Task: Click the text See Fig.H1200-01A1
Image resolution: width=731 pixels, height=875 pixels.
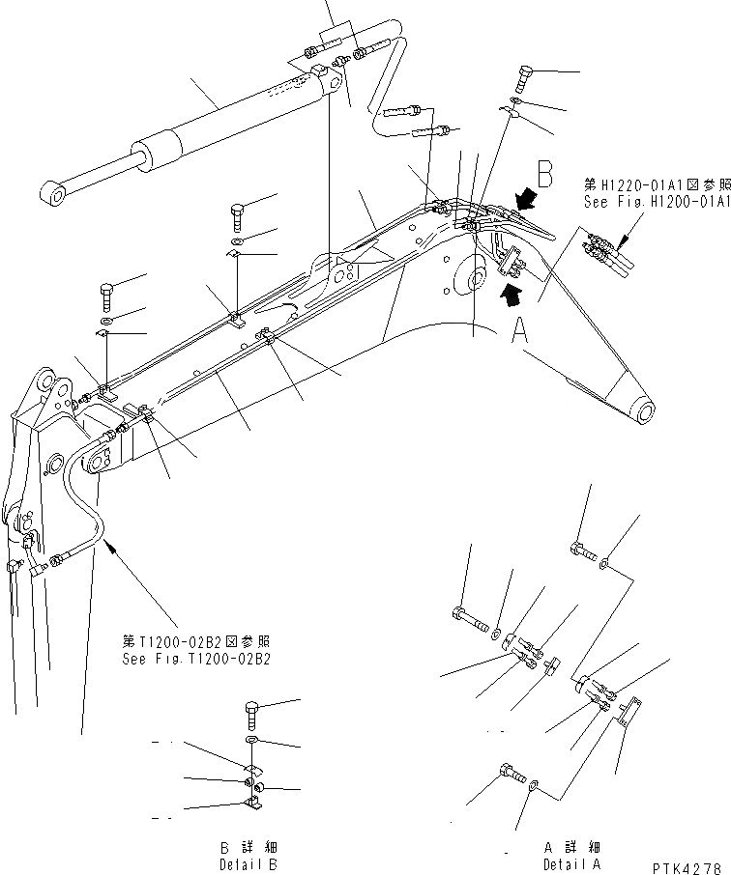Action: pos(656,202)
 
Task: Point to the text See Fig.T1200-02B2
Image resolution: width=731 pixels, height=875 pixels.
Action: pos(196,659)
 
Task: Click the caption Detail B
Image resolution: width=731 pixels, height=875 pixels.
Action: pos(249,861)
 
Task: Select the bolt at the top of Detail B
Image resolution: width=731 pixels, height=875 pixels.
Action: pos(251,715)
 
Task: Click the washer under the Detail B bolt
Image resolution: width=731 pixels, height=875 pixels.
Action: pos(251,740)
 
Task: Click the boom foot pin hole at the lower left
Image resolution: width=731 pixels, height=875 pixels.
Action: pos(98,466)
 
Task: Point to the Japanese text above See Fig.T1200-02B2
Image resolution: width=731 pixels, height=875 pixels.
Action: pos(196,641)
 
